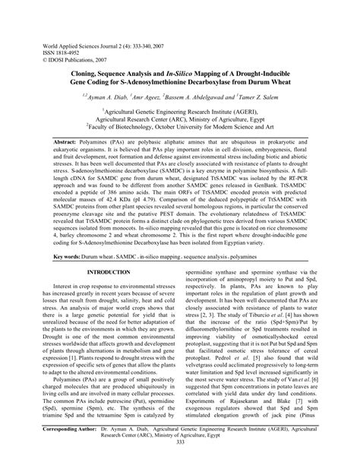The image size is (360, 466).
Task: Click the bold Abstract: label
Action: [68, 142]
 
